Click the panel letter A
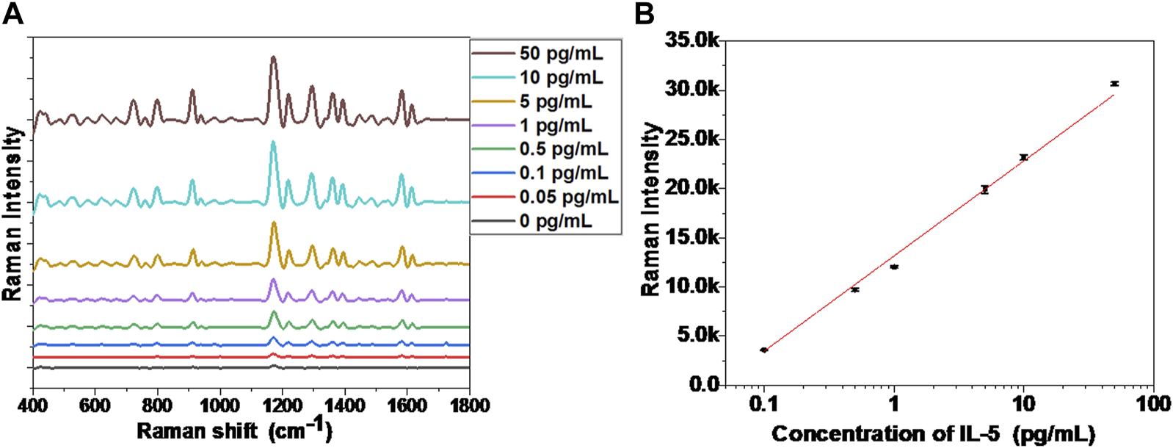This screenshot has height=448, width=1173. click(12, 13)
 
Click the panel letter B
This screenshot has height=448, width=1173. click(644, 13)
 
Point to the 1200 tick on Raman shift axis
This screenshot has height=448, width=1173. click(283, 405)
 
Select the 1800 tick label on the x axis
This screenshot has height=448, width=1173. click(468, 405)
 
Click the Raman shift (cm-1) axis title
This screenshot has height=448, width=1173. click(234, 430)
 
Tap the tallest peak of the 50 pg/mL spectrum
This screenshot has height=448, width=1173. click(273, 57)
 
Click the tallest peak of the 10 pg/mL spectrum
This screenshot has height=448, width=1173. click(273, 143)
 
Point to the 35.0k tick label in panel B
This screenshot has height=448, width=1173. click(691, 40)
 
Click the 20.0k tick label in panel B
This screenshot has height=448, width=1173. click(691, 188)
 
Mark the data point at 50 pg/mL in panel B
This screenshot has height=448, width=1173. click(1114, 84)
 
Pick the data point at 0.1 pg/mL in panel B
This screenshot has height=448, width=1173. click(763, 350)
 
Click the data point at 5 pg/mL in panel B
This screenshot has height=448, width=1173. click(984, 189)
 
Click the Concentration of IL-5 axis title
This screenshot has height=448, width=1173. click(932, 433)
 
